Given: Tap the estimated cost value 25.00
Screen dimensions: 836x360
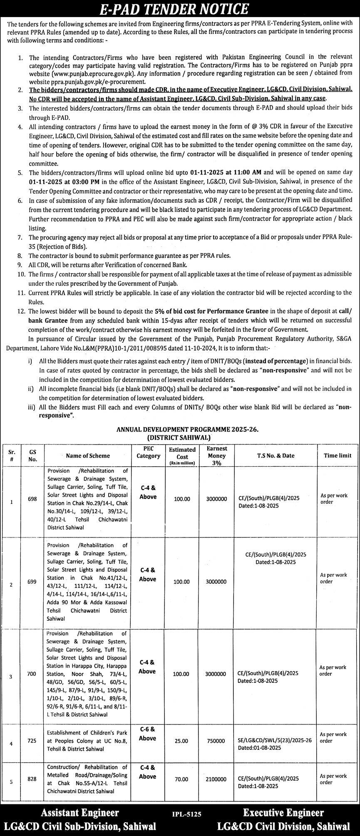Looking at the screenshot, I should [x=181, y=741].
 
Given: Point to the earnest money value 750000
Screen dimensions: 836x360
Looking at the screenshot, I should [x=216, y=741].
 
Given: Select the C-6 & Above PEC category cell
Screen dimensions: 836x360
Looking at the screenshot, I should [x=148, y=734].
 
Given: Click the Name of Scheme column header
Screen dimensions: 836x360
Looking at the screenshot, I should [x=88, y=455].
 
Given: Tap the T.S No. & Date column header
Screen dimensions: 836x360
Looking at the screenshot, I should [x=275, y=455].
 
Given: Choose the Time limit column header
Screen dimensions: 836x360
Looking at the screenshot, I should [x=337, y=455].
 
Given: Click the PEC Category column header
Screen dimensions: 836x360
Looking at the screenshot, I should [x=148, y=452].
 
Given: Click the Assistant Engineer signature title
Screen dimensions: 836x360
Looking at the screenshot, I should [x=79, y=812].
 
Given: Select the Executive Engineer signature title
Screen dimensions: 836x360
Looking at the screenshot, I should [x=283, y=812].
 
